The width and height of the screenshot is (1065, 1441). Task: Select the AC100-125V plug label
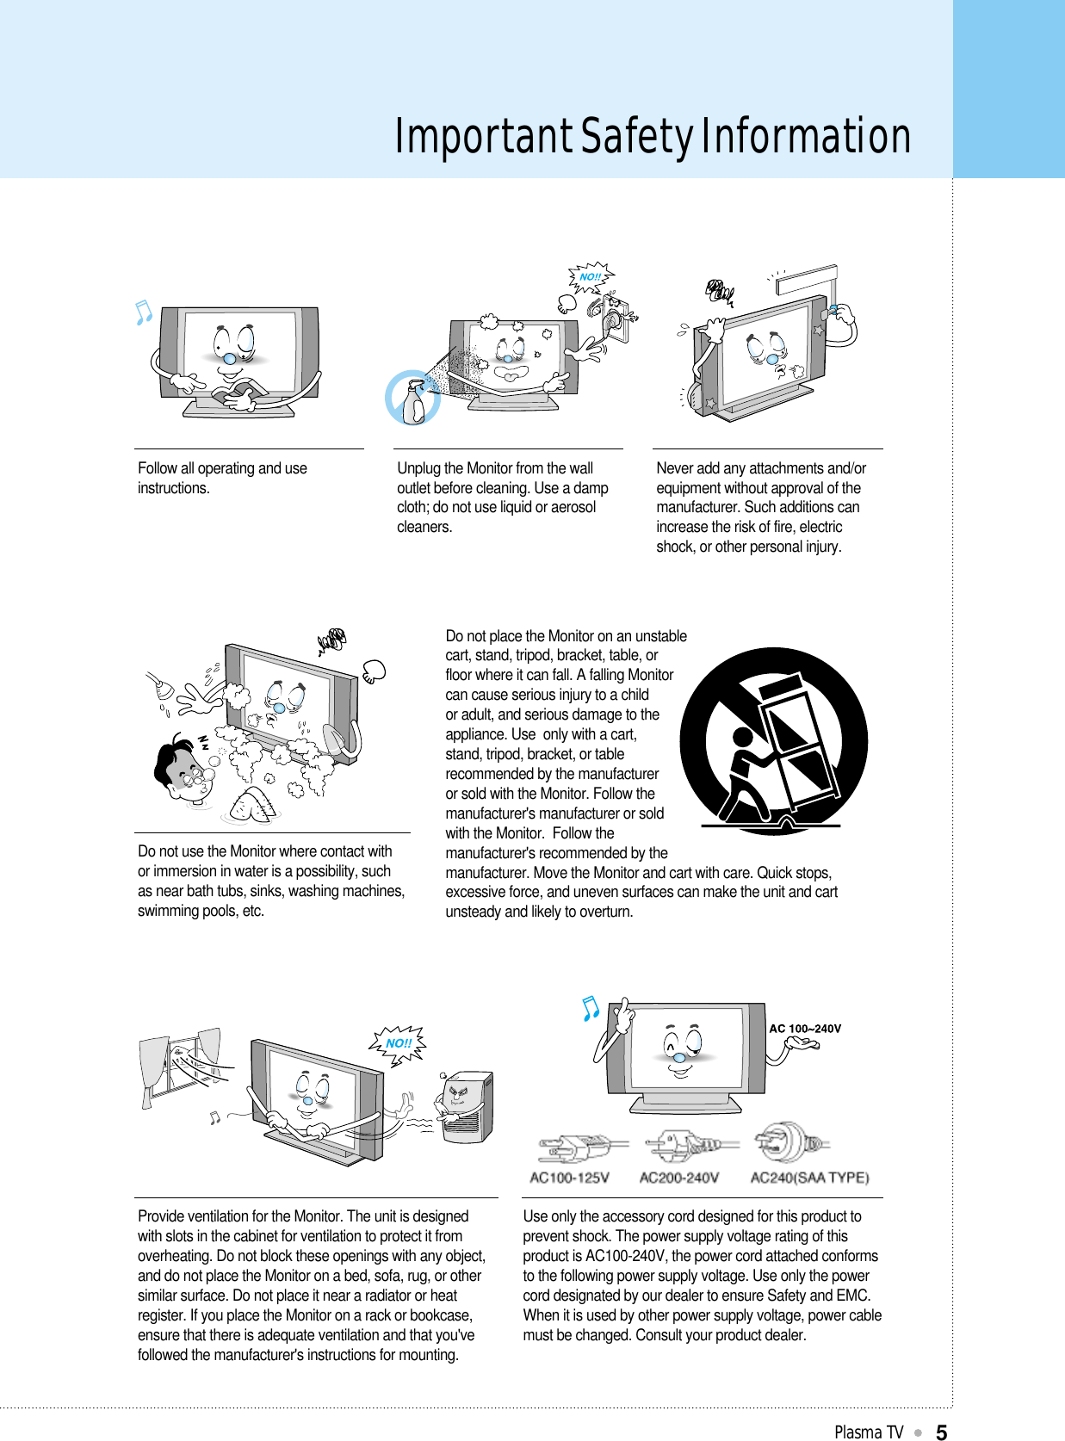coord(569,1178)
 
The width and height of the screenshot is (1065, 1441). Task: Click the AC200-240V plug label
coord(678,1178)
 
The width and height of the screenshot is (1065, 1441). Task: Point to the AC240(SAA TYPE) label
coord(809,1178)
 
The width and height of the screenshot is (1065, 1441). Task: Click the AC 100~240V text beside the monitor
coord(805,1029)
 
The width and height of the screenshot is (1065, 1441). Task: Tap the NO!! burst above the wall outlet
coord(591,277)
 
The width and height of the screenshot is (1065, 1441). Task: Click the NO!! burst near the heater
coord(399,1043)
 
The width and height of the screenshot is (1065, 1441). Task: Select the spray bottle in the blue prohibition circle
coord(413,399)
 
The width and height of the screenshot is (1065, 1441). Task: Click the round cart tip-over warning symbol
coord(773,741)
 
